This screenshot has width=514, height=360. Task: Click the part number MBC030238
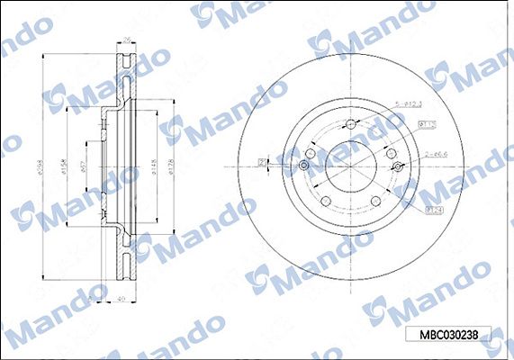[451, 334]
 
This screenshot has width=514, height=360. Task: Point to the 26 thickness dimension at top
[127, 39]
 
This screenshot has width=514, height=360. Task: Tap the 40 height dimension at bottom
[121, 301]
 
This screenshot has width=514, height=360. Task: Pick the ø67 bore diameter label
[83, 167]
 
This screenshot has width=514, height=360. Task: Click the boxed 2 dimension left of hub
[263, 163]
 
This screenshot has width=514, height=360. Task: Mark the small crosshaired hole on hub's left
[304, 166]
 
